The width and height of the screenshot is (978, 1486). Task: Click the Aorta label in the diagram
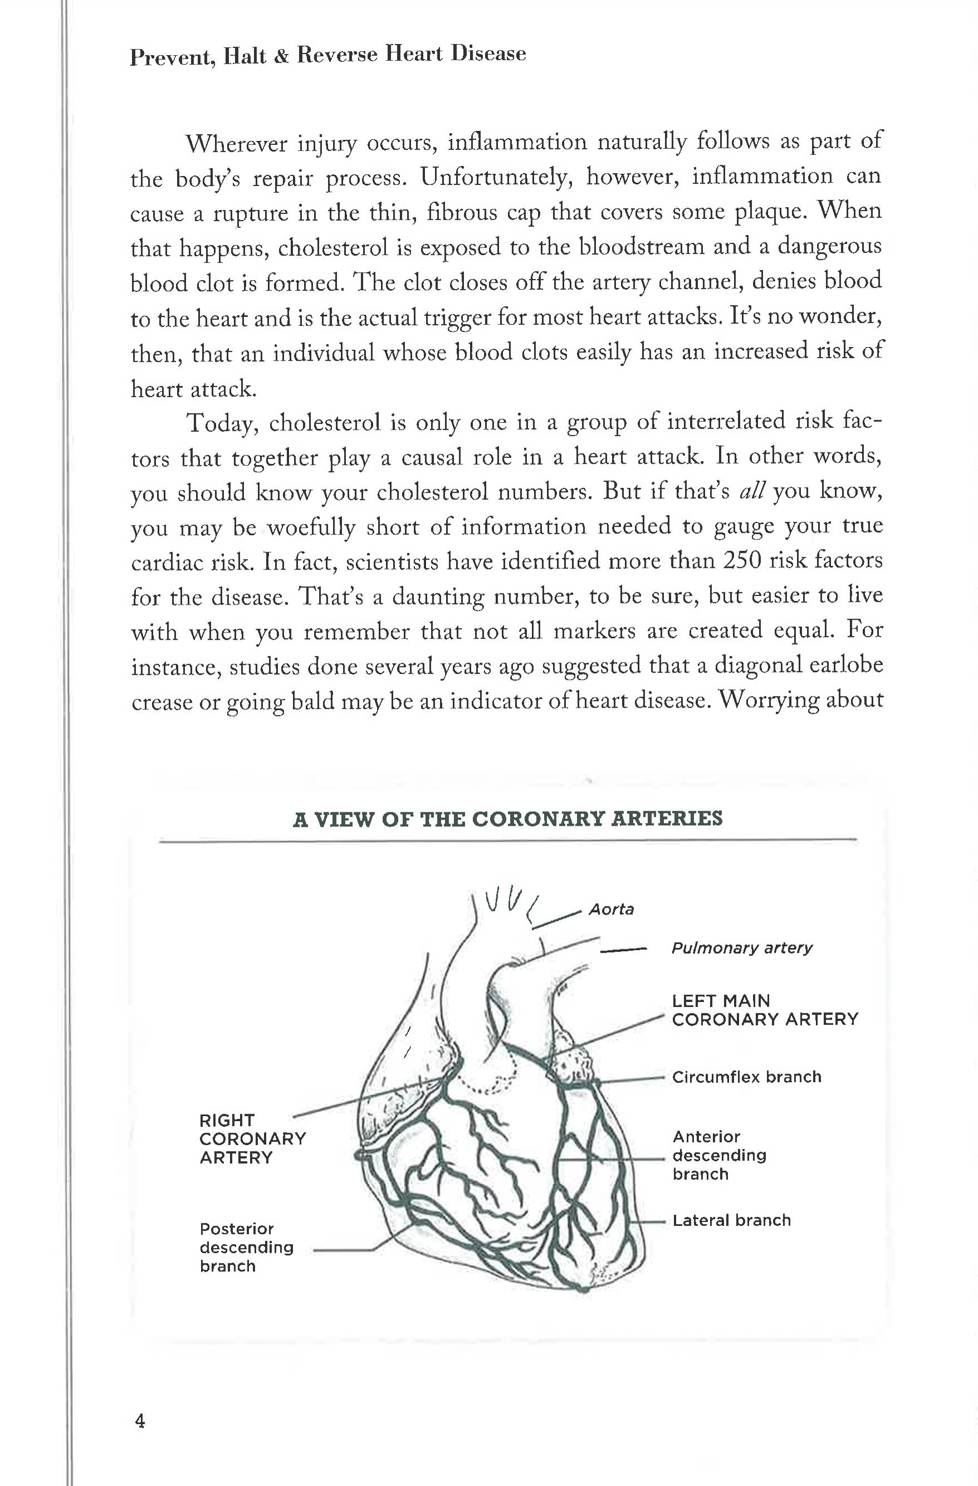pos(611,909)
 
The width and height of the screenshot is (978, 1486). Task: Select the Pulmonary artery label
pos(741,948)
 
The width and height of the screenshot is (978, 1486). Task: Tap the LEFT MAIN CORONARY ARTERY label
pos(765,1010)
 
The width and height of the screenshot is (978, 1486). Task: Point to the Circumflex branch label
pos(746,1076)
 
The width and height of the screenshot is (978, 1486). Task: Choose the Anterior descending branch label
pos(719,1154)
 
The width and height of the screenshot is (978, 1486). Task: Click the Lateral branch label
pos(731,1220)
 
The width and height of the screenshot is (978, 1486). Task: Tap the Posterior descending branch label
pos(246,1247)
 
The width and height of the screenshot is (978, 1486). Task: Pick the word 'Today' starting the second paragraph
pos(222,423)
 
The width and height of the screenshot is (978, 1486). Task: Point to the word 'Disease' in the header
pos(488,53)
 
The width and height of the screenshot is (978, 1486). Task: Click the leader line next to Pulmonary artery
pos(622,951)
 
